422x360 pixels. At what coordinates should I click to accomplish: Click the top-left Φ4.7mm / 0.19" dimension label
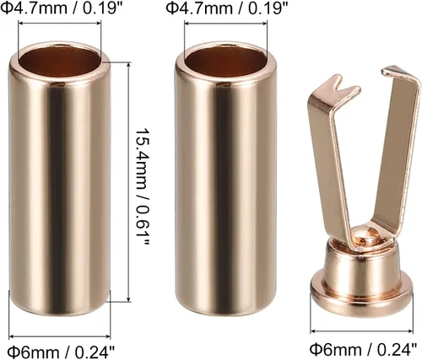tap(62, 8)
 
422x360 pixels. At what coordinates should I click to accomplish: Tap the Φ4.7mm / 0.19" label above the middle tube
tap(227, 8)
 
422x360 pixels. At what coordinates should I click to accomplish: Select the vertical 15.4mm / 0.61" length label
tap(143, 186)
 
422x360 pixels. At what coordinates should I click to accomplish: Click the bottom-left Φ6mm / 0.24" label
tap(61, 351)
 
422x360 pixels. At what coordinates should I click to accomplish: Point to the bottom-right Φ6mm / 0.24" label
tap(363, 349)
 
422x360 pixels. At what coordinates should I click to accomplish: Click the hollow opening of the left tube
tap(60, 62)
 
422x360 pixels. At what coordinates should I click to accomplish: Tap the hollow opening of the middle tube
tap(226, 62)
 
